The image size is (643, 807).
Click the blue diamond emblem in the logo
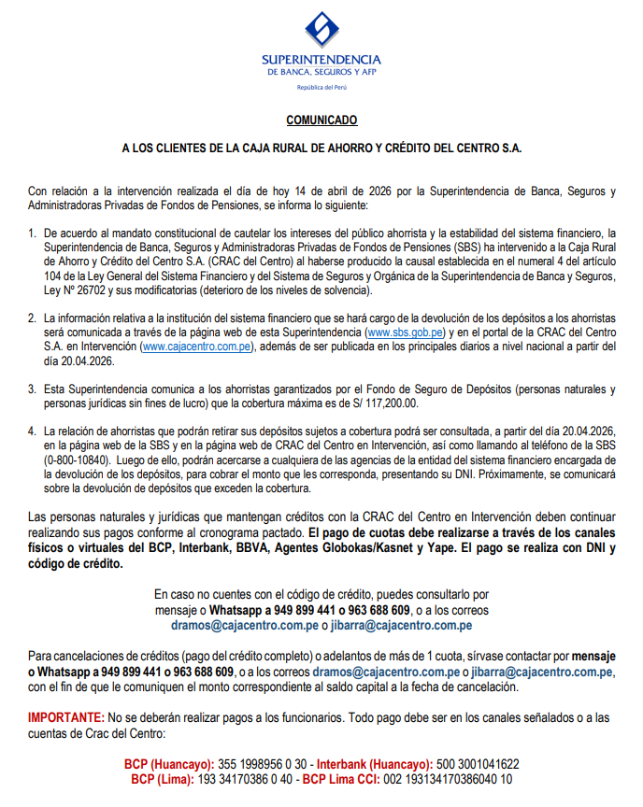click(x=321, y=31)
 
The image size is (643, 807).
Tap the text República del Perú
click(x=321, y=87)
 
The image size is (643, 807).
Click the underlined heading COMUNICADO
click(x=321, y=120)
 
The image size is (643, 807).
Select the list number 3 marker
click(x=32, y=389)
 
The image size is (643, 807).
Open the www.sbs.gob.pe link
click(x=404, y=333)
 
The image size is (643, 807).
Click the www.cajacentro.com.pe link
click(x=194, y=347)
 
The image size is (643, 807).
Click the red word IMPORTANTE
click(x=65, y=716)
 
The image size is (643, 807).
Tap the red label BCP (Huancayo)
click(x=169, y=764)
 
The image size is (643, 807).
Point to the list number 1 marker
click(x=32, y=232)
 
